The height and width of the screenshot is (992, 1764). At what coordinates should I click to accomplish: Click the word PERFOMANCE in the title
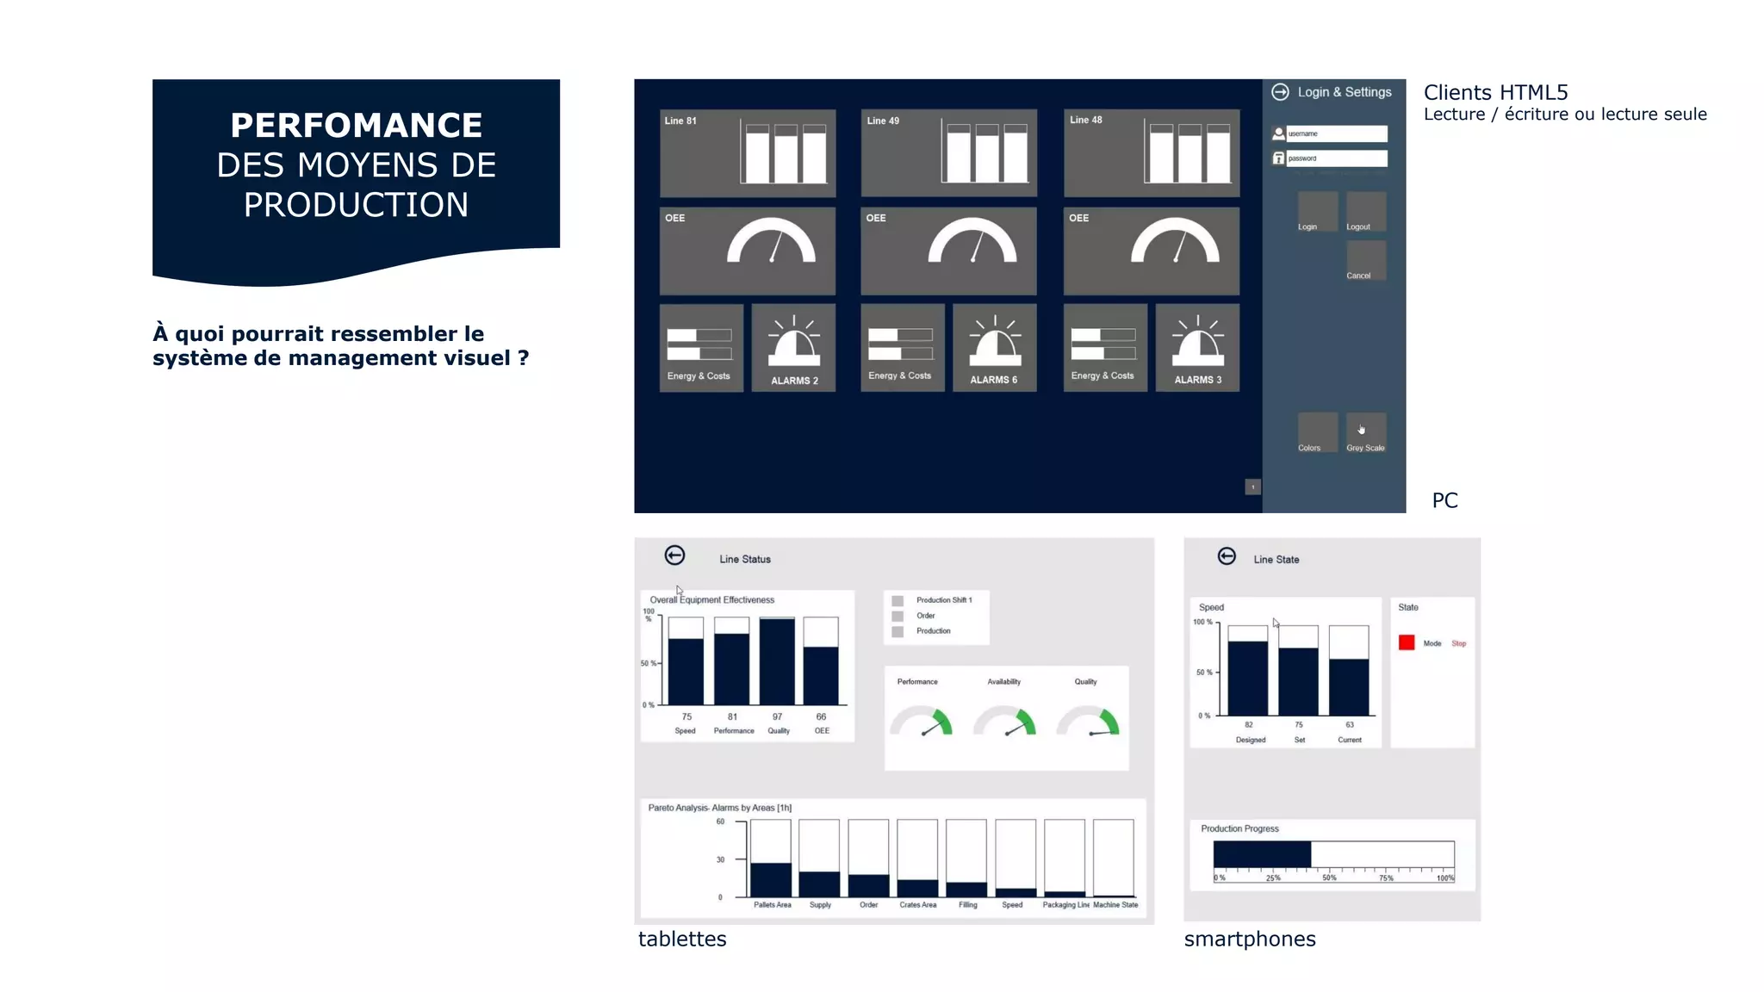coord(356,126)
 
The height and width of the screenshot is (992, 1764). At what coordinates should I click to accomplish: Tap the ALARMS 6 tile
coord(994,348)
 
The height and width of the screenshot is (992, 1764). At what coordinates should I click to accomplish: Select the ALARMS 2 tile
coord(793,348)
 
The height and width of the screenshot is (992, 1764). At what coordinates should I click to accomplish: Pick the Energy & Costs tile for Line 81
coord(701,348)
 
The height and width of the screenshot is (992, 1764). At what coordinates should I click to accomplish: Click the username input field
coord(1337,133)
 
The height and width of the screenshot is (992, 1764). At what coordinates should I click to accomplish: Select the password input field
coord(1337,158)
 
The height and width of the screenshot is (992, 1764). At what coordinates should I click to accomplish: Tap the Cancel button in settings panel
coord(1366,260)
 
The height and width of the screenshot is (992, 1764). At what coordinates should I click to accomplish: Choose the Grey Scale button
coord(1366,432)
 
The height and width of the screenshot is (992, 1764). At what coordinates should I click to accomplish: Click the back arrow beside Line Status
coord(675,555)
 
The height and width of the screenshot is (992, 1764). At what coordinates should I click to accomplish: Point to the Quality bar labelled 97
coord(777,661)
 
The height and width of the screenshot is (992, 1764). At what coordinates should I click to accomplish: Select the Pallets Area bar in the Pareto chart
coord(771,879)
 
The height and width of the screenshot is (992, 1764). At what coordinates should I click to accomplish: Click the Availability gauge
coord(1004,722)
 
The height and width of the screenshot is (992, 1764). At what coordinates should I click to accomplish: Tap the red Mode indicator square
coord(1407,642)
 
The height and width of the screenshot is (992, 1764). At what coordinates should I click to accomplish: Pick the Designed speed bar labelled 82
coord(1248,678)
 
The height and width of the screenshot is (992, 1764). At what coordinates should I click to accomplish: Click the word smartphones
coord(1250,939)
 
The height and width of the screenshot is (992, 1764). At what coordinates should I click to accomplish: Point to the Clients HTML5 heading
coord(1495,92)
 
